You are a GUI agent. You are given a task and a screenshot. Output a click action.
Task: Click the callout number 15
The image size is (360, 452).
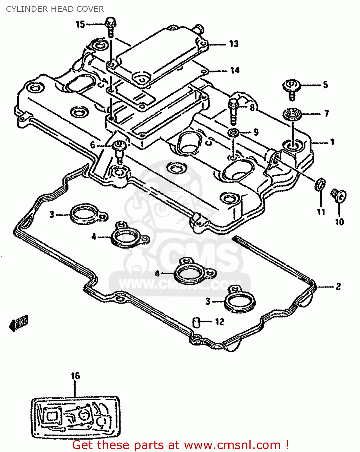80,24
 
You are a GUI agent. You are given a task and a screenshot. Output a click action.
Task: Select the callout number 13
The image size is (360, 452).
234,44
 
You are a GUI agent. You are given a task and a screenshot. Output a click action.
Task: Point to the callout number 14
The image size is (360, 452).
235,71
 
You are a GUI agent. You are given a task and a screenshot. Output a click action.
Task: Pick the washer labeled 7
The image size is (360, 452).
292,115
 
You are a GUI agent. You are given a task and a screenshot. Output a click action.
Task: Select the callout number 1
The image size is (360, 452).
332,142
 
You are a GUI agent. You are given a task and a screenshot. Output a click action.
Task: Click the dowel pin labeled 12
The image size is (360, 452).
196,322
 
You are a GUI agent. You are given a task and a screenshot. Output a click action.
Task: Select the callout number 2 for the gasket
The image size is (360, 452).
338,286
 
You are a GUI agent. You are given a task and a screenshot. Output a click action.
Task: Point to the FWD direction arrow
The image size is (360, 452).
19,323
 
